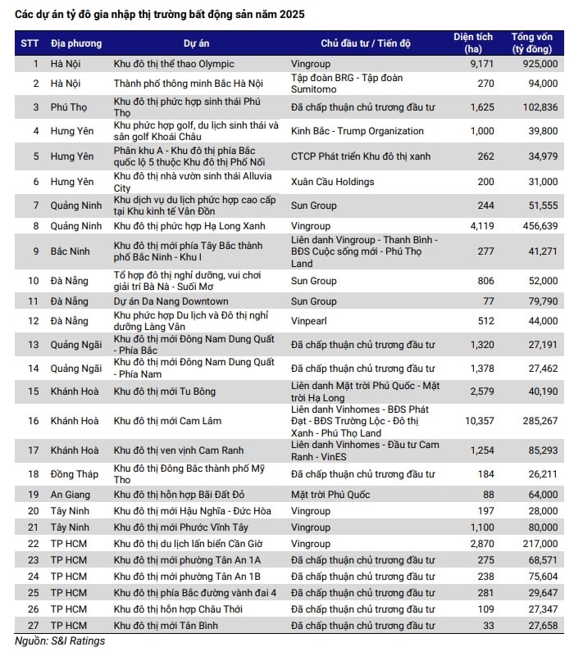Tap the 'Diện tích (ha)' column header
(473, 43)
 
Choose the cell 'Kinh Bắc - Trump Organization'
(358, 131)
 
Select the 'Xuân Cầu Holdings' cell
(332, 182)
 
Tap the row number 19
(35, 495)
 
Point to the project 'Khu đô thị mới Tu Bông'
(165, 391)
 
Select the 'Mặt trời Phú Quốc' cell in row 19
(330, 495)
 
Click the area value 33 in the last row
(488, 626)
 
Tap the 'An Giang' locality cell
(71, 495)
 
